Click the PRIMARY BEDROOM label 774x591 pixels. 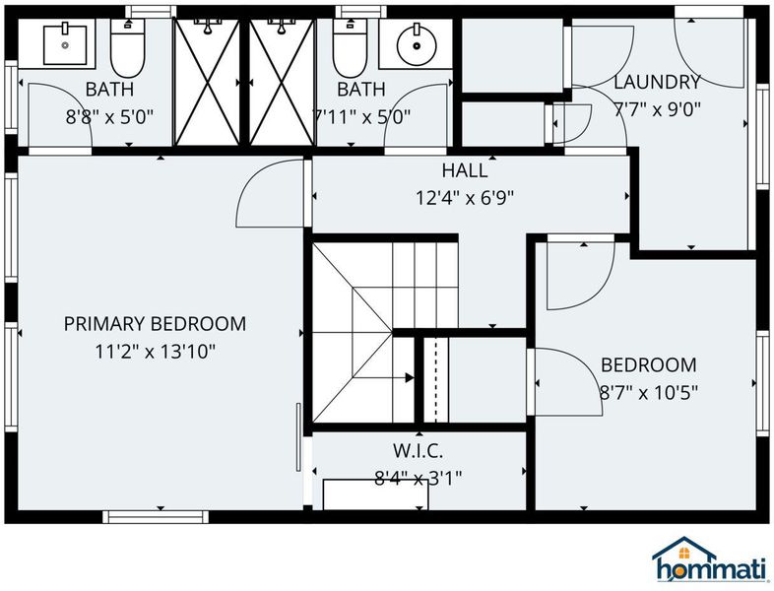pos(155,324)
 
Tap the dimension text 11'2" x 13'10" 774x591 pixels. pos(155,352)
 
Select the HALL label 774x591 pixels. pos(465,170)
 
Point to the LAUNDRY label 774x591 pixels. pos(657,82)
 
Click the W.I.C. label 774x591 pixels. pos(419,450)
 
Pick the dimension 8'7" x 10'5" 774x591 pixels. pos(649,393)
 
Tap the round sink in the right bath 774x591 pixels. pos(418,45)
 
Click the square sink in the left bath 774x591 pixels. pos(65,45)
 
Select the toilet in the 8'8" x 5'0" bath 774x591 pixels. pos(127,48)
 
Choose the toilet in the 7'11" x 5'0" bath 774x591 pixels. pos(350,48)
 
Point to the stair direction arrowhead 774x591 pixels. pos(410,377)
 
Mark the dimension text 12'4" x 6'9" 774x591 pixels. pos(465,199)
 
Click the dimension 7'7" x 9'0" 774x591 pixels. pos(657,109)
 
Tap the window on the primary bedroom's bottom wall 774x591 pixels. pos(156,517)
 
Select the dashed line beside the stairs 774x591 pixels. pos(435,380)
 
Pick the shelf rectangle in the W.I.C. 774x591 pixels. pos(375,494)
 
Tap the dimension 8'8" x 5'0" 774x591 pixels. pos(109,117)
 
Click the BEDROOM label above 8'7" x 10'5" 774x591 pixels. pos(649,365)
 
